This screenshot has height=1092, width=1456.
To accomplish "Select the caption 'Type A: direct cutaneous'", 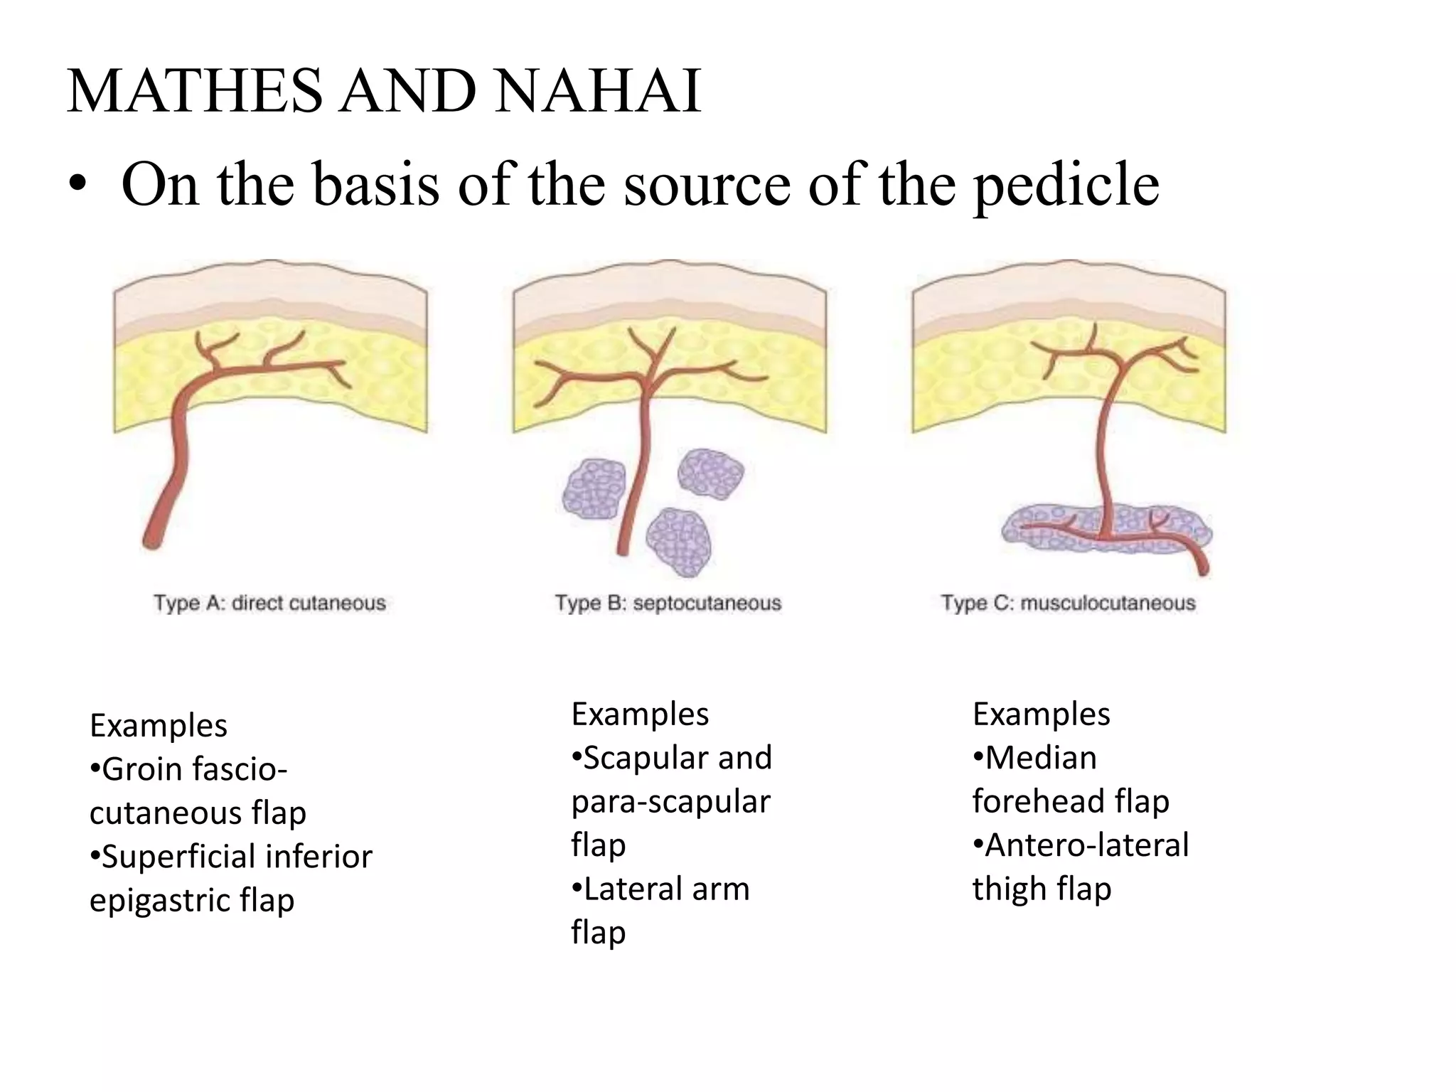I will pyautogui.click(x=269, y=603).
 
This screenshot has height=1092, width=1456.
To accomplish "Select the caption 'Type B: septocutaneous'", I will pyautogui.click(x=668, y=603).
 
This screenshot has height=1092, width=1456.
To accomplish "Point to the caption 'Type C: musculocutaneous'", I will pyautogui.click(x=1068, y=603).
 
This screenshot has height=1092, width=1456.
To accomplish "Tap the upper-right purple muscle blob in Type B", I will pyautogui.click(x=710, y=473).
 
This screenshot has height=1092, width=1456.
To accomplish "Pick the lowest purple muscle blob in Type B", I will pyautogui.click(x=679, y=542).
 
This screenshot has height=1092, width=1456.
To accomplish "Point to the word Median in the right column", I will pyautogui.click(x=1040, y=758).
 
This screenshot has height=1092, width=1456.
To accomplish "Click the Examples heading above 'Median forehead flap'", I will pyautogui.click(x=1041, y=714).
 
